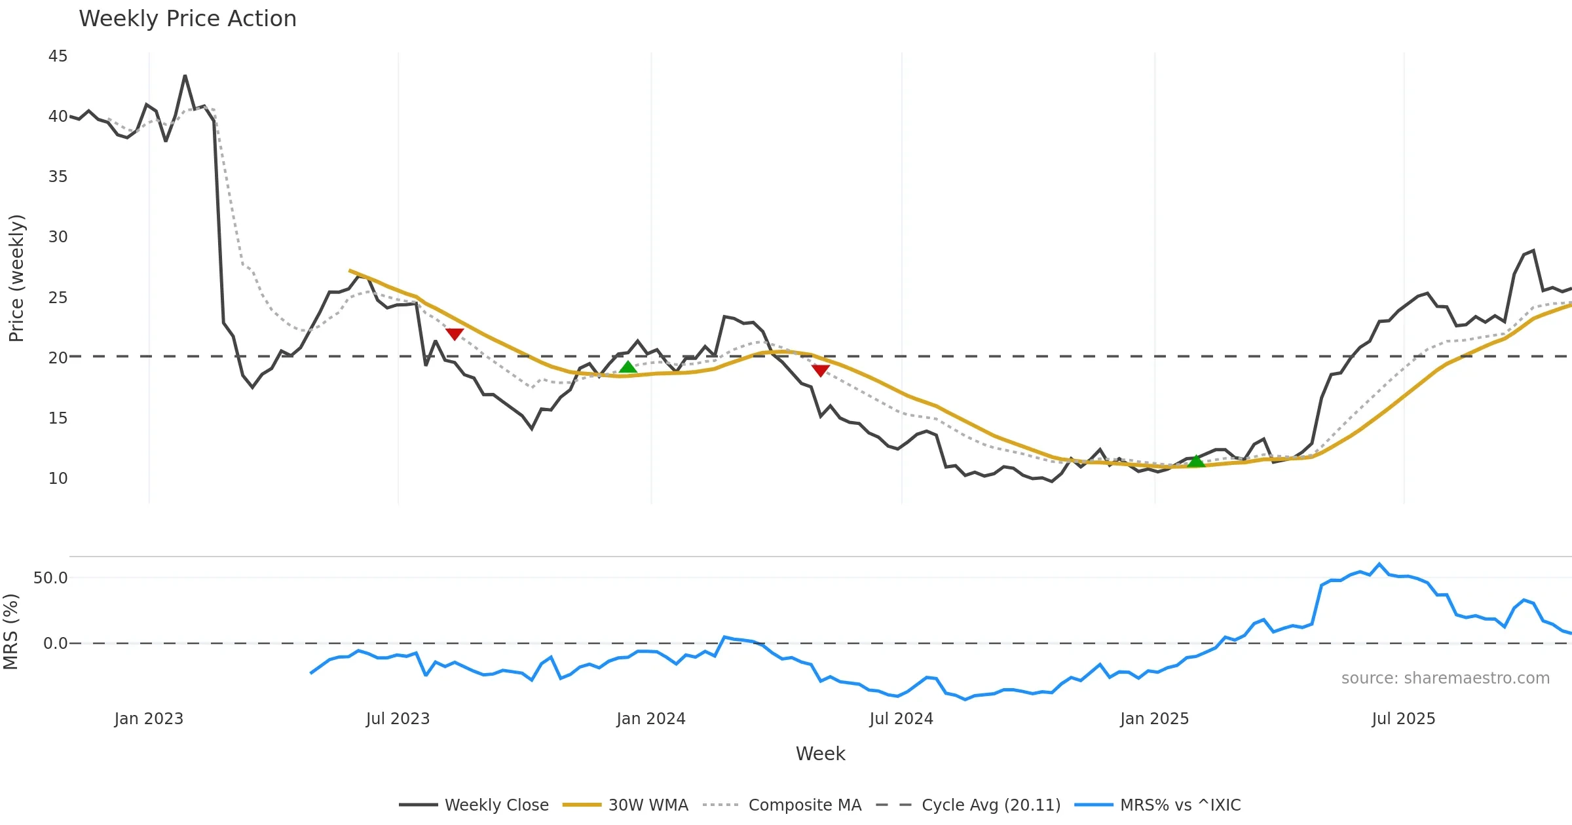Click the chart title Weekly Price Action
tap(187, 19)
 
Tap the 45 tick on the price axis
tap(58, 56)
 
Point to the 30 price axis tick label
tap(58, 237)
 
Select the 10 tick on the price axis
tap(58, 479)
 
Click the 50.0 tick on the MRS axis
tap(50, 578)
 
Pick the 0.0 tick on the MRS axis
tap(55, 644)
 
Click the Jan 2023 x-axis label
tap(149, 719)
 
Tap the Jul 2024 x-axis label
tap(901, 719)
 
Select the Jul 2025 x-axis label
tap(1404, 719)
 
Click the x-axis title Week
tap(820, 754)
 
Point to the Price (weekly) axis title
tap(16, 278)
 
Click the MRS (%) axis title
tap(11, 632)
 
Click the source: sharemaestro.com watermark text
tap(1445, 678)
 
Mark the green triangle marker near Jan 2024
tap(628, 367)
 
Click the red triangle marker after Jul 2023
tap(455, 334)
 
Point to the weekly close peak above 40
tap(185, 76)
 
